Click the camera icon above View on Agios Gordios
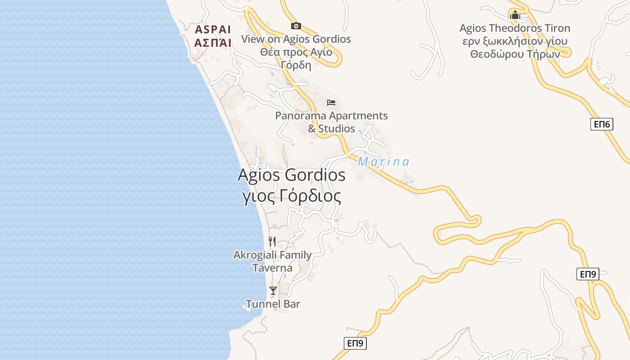pyautogui.click(x=296, y=26)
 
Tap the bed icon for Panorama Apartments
pyautogui.click(x=331, y=103)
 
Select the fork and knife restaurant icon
pyautogui.click(x=272, y=242)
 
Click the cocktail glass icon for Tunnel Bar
pyautogui.click(x=273, y=291)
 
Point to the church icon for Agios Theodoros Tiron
pyautogui.click(x=515, y=15)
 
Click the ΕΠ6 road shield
pyautogui.click(x=602, y=124)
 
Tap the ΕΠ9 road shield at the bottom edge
pyautogui.click(x=355, y=343)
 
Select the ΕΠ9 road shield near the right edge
pyautogui.click(x=588, y=274)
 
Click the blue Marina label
pyautogui.click(x=383, y=162)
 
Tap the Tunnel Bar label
pyautogui.click(x=273, y=304)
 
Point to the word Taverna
pyautogui.click(x=272, y=268)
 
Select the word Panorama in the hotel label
pyautogui.click(x=300, y=116)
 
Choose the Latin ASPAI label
pyautogui.click(x=213, y=30)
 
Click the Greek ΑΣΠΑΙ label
pyautogui.click(x=213, y=43)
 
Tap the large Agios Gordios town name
pyautogui.click(x=291, y=175)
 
